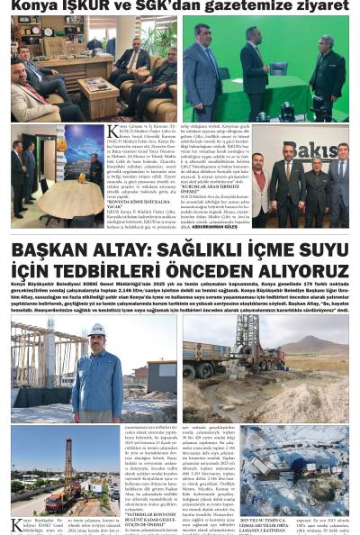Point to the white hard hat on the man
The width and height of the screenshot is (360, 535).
[x=96, y=331]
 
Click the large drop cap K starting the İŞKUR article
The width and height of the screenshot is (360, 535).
[x=112, y=131]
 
